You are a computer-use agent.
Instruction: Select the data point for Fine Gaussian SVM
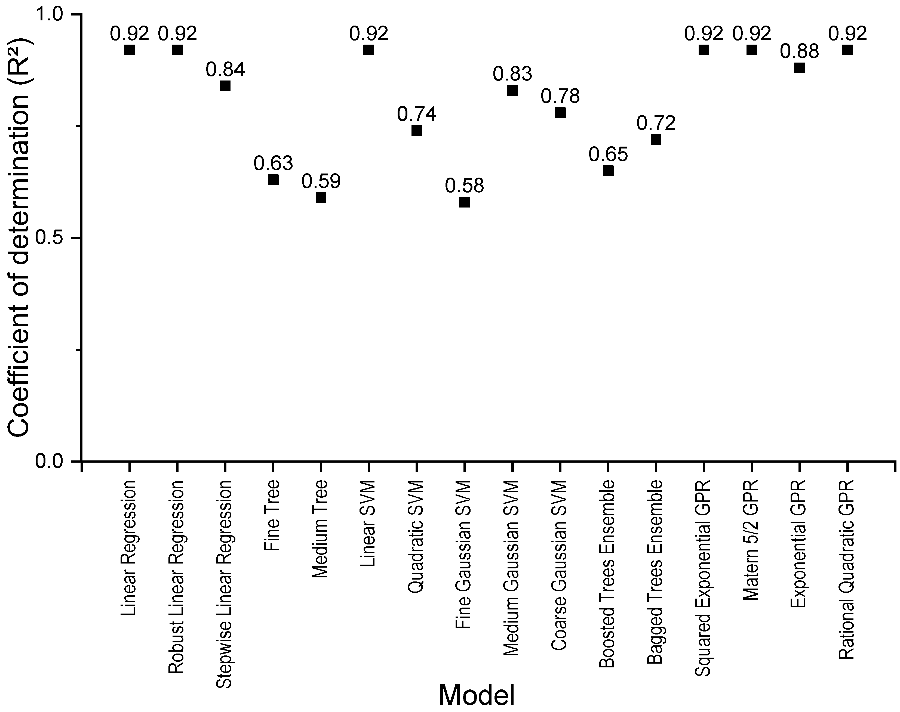point(464,202)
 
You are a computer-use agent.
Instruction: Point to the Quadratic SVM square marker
point(417,131)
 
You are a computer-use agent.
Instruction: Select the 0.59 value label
point(321,181)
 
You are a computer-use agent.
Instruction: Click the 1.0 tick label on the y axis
point(53,15)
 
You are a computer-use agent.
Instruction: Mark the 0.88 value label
point(800,52)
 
